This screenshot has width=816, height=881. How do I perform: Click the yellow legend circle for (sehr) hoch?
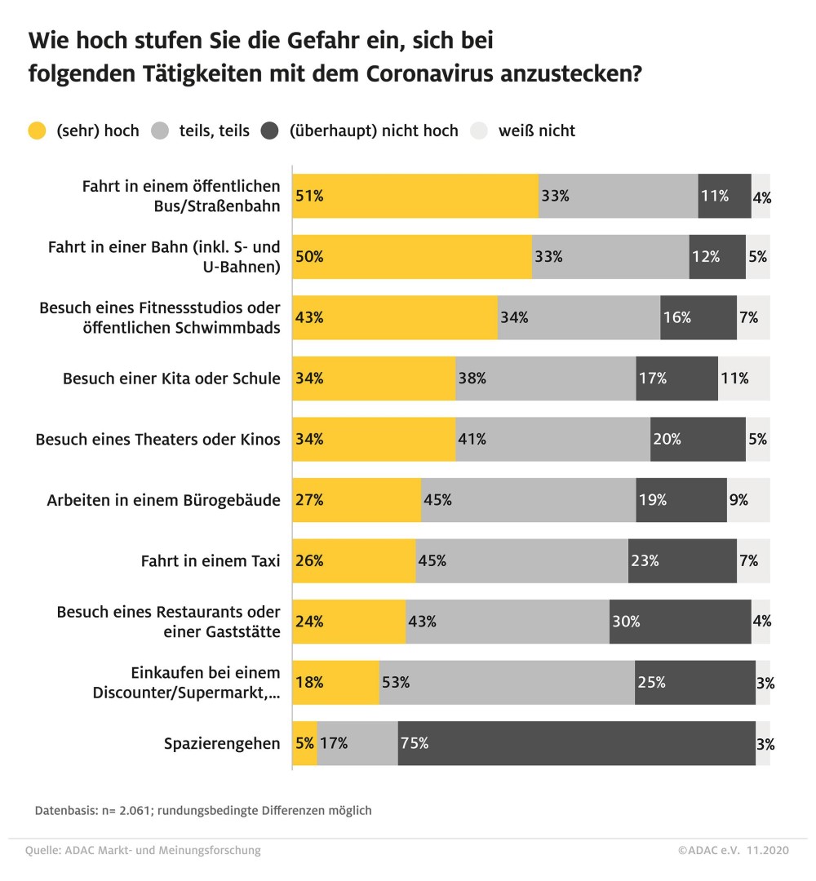[38, 131]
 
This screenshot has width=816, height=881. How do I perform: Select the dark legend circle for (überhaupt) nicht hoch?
[271, 131]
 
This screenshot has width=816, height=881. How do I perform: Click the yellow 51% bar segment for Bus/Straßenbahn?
[416, 196]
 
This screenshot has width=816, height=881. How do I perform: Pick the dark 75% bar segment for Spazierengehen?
[576, 744]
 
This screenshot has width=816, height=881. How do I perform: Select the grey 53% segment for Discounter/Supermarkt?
[507, 683]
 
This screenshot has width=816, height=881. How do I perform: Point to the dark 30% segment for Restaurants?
[680, 622]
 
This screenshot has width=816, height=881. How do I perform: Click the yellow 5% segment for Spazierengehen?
[305, 744]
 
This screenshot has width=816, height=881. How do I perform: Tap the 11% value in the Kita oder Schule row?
[733, 379]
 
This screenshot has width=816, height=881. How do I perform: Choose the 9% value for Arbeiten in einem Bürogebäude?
[738, 500]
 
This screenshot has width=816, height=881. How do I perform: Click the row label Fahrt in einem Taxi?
[211, 561]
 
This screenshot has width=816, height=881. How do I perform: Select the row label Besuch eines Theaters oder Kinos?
[157, 440]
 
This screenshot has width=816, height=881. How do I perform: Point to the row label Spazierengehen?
[222, 744]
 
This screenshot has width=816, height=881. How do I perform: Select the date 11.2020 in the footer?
[768, 851]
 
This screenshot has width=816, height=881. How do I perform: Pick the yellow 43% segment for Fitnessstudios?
[395, 317]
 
